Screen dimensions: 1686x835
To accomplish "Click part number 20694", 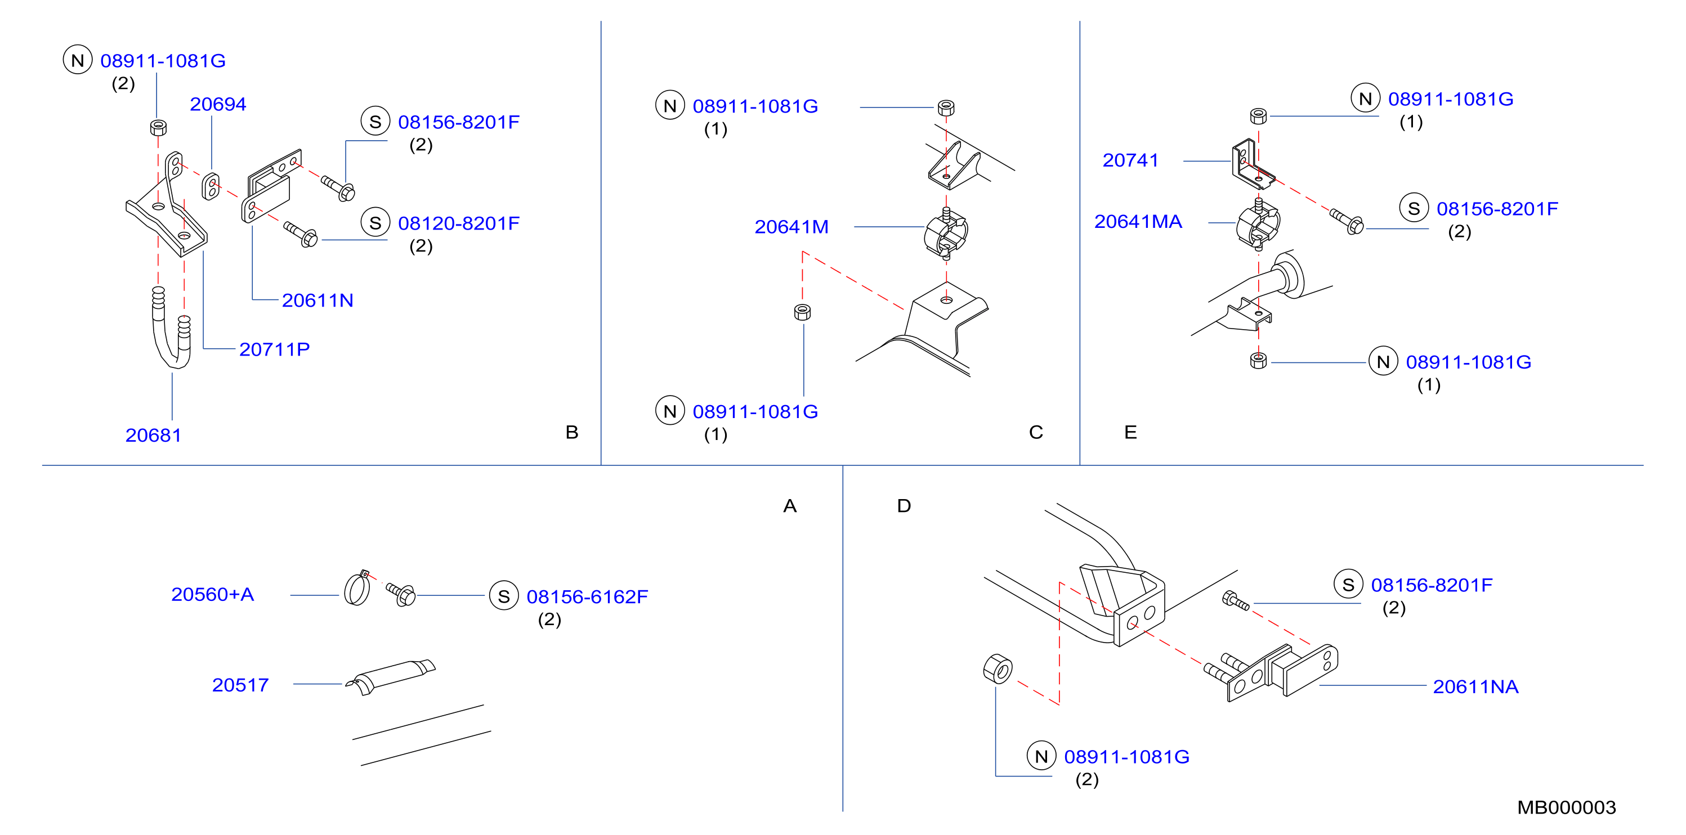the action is [x=218, y=104].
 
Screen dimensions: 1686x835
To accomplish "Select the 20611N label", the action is [x=317, y=300].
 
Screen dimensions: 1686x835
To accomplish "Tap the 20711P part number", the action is [x=274, y=349].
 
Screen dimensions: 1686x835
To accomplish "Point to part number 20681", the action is [x=153, y=435].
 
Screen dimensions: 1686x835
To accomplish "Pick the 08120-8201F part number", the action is [x=459, y=223].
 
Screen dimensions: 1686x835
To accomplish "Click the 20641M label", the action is [x=791, y=226].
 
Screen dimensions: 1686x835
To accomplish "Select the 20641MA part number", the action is [x=1138, y=221].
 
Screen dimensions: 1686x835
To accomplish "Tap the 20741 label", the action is [x=1130, y=160].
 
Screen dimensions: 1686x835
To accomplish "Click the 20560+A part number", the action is [x=213, y=594].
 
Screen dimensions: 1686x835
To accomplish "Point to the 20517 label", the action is [x=240, y=685].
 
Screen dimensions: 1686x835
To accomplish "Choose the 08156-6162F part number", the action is [x=587, y=597].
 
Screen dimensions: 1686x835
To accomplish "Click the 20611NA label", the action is [x=1475, y=686].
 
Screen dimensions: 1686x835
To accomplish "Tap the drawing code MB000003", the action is [x=1566, y=807].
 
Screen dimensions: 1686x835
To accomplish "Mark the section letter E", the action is [x=1130, y=432].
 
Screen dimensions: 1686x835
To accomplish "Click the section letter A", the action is [x=790, y=506].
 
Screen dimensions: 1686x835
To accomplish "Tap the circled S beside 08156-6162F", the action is [x=503, y=596].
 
